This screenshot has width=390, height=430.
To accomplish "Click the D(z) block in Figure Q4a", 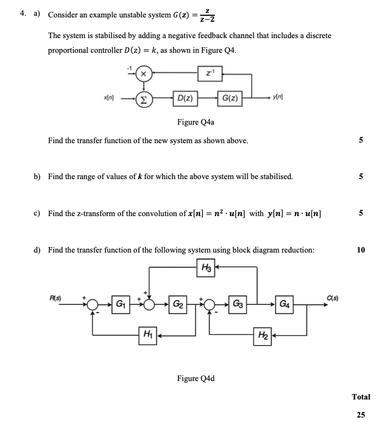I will (x=183, y=98).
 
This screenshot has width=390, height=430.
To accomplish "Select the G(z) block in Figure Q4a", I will (x=229, y=98).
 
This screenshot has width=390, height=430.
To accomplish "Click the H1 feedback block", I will (x=147, y=334).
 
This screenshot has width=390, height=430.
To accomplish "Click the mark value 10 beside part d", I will (x=361, y=250).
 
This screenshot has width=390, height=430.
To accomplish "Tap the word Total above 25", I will (x=361, y=397).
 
